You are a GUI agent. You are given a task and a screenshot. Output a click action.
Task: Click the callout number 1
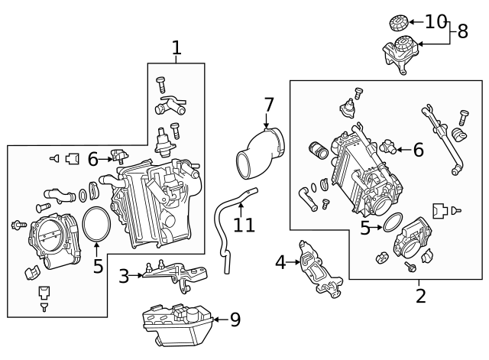176,48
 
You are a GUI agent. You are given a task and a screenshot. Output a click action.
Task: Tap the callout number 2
420,295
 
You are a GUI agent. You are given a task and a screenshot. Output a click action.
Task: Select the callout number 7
268,104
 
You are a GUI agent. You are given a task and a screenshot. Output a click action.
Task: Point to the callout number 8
462,31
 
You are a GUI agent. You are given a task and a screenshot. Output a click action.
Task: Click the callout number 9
235,319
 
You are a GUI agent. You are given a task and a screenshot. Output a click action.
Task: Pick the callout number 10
436,22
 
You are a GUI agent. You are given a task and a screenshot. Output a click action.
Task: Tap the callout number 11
244,225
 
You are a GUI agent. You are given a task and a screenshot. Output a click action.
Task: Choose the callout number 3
124,276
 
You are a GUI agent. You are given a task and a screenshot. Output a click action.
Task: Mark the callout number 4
280,263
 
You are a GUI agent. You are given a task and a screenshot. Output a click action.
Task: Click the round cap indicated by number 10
398,23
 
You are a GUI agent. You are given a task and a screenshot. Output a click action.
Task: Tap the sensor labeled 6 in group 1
119,157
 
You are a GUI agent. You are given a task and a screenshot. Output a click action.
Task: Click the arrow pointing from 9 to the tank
218,319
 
